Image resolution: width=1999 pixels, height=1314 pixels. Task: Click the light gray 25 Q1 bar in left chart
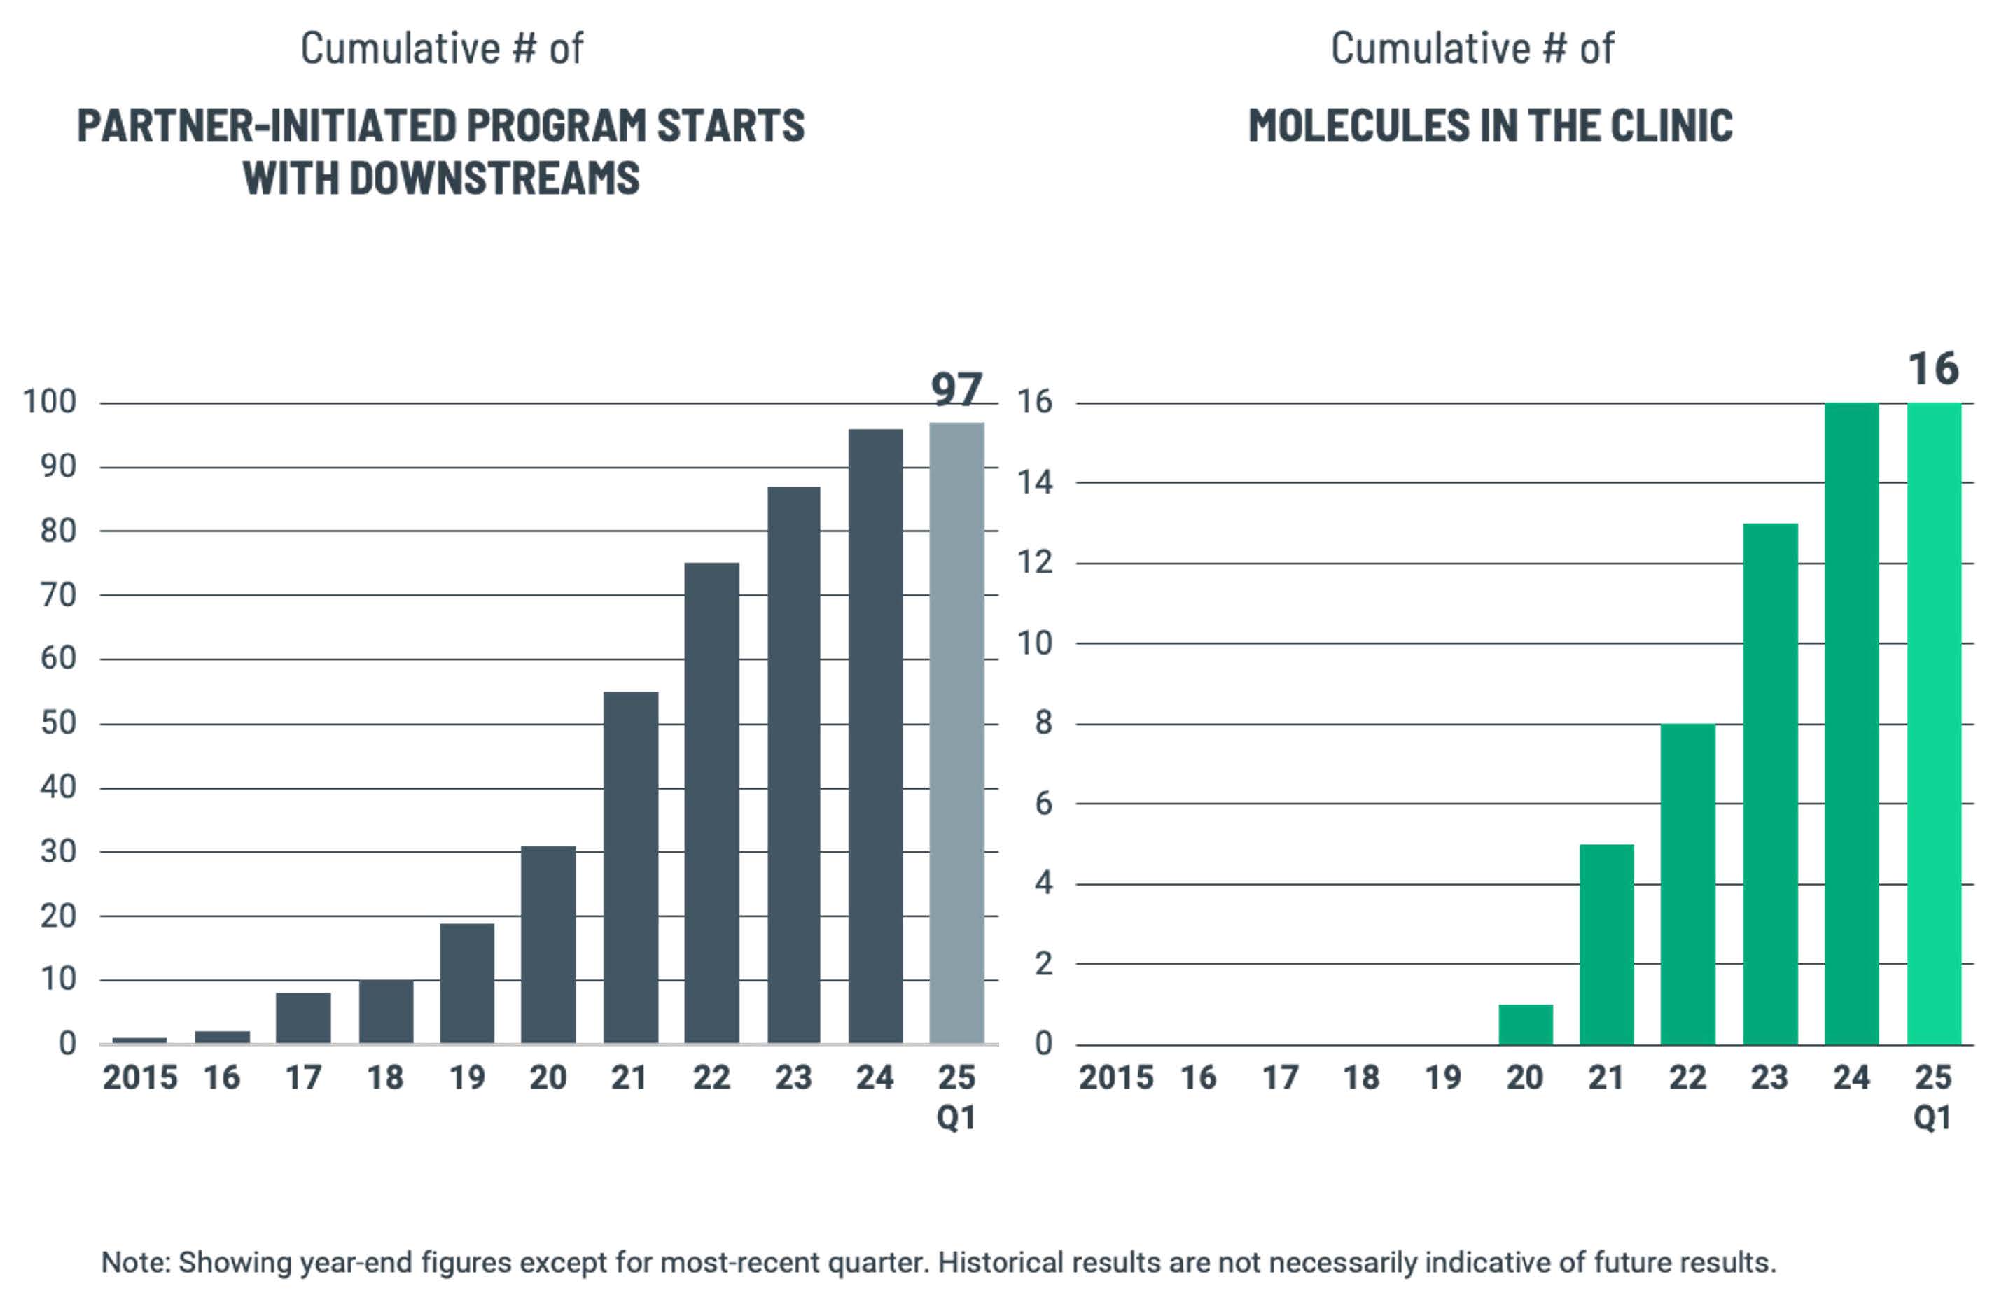(956, 732)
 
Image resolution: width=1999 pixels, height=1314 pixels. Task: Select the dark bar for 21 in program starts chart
(631, 867)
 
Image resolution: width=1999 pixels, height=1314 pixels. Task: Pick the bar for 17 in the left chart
(303, 1018)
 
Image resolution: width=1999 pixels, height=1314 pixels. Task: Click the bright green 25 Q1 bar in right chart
(1933, 723)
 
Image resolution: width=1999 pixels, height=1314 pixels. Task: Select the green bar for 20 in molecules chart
(1525, 1024)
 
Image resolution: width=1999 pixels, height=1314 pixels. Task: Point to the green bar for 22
(1688, 883)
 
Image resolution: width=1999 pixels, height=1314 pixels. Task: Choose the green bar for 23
(1771, 783)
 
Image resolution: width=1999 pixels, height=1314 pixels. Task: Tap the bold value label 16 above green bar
(1933, 369)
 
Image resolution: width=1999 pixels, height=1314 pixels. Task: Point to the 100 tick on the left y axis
(50, 402)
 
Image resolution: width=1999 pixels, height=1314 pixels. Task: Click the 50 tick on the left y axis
(58, 723)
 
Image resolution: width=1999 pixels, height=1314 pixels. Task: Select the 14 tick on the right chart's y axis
(1035, 483)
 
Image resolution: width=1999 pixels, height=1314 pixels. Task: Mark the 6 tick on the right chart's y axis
(1043, 804)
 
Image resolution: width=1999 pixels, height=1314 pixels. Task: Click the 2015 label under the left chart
(139, 1077)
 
